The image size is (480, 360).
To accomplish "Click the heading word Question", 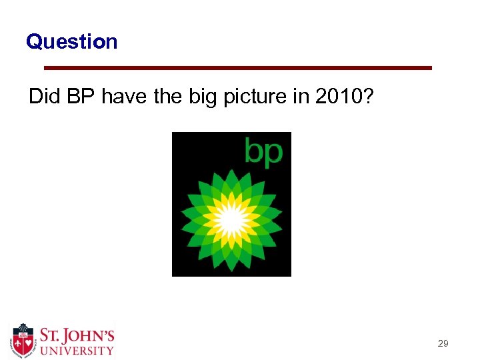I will click(x=71, y=42).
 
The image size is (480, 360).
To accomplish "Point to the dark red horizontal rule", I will click(x=237, y=68).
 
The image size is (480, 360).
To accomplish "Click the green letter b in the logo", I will click(x=255, y=151).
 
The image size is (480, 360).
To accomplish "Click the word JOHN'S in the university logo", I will click(x=85, y=334).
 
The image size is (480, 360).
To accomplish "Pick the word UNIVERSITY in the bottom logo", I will click(x=76, y=350).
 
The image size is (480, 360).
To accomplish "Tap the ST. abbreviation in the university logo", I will click(x=51, y=334).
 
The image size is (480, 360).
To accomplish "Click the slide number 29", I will click(x=443, y=344).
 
